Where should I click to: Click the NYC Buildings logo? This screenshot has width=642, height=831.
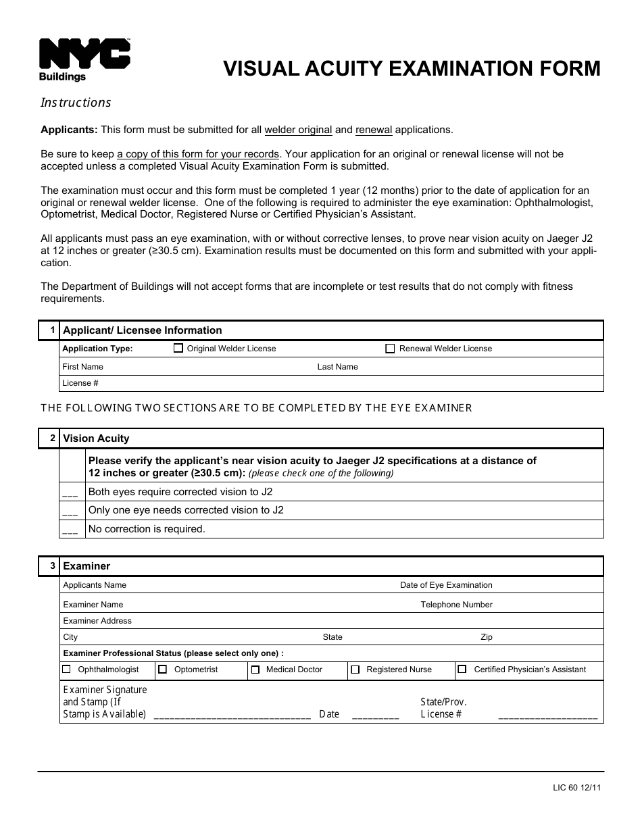[84, 59]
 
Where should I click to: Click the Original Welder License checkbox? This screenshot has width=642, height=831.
[178, 349]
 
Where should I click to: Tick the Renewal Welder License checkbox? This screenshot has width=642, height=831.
[390, 349]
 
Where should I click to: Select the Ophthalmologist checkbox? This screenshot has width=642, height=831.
[66, 670]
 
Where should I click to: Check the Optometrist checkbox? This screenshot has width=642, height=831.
[162, 670]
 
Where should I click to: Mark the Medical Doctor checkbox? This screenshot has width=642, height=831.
[255, 670]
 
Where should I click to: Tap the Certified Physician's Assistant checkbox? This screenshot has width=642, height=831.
[462, 670]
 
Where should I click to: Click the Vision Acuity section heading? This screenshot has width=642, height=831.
[96, 438]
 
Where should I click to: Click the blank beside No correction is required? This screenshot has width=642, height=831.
[70, 530]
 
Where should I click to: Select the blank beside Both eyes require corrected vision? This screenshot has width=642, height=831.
[70, 493]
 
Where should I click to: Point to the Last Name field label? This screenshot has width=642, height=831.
[337, 367]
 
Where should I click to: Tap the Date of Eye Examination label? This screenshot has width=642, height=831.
[446, 585]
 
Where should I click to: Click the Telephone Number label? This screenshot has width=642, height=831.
[456, 605]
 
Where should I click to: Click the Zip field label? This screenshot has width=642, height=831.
[487, 637]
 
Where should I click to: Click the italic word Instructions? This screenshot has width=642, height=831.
[76, 103]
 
